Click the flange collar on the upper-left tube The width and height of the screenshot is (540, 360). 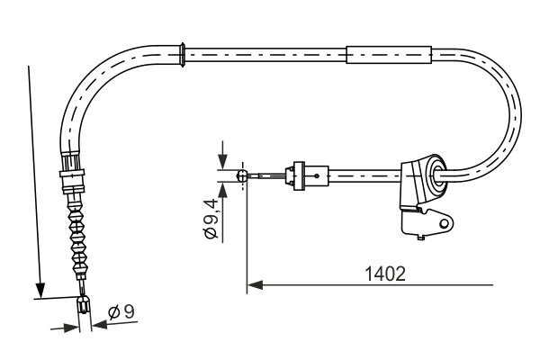[184, 53]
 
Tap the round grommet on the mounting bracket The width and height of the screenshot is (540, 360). [436, 173]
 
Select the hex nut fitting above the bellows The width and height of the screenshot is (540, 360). [71, 171]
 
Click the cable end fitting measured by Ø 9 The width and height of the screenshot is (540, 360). [84, 305]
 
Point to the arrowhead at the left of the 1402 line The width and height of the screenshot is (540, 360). [253, 285]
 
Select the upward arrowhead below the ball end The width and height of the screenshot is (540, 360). [221, 188]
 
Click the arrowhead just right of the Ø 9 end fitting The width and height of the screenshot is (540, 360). [98, 326]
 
